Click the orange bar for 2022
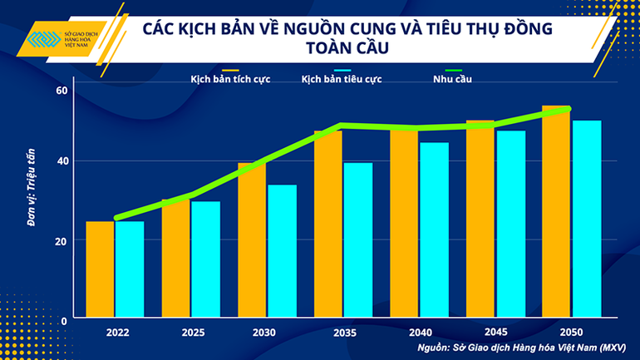click(x=101, y=269)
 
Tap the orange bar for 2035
click(x=328, y=224)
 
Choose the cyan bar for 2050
click(x=586, y=219)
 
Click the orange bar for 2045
click(x=480, y=219)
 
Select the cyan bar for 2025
click(x=205, y=259)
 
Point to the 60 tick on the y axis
click(x=61, y=91)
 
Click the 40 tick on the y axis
click(x=61, y=161)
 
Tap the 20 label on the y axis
click(x=61, y=240)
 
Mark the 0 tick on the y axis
click(x=63, y=319)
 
